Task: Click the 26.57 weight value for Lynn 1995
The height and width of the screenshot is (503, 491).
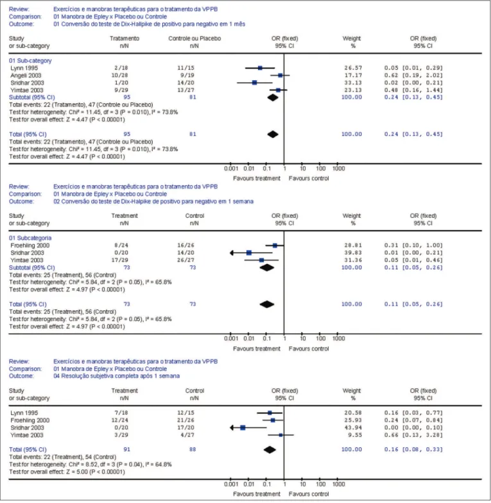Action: (x=353, y=68)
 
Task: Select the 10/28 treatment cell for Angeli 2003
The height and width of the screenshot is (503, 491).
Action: (x=119, y=76)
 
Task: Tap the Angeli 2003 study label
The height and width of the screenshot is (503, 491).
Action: (x=26, y=76)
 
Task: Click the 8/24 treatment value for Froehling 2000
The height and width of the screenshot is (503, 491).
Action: (x=121, y=245)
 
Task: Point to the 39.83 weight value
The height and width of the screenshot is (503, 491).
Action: (x=353, y=253)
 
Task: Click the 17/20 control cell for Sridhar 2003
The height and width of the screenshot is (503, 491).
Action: (x=185, y=427)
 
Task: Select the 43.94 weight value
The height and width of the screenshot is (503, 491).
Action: (x=353, y=427)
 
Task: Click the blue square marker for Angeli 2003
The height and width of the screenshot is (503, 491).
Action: (x=280, y=76)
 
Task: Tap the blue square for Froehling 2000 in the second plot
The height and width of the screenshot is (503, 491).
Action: (x=275, y=245)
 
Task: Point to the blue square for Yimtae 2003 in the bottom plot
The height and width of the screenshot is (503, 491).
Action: (x=281, y=435)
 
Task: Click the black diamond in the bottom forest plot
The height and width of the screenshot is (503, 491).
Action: (x=270, y=450)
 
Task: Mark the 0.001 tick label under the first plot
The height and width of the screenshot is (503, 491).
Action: (x=231, y=169)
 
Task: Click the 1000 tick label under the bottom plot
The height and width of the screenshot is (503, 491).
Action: (x=339, y=484)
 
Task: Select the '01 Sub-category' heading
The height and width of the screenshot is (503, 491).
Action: (x=30, y=61)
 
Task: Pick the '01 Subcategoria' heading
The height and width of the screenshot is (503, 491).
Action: (x=30, y=238)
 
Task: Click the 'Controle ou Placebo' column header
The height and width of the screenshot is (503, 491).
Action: (x=194, y=38)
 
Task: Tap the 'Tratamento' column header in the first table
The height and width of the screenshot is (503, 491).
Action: (x=125, y=38)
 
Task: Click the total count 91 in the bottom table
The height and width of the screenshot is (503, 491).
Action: (x=127, y=450)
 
